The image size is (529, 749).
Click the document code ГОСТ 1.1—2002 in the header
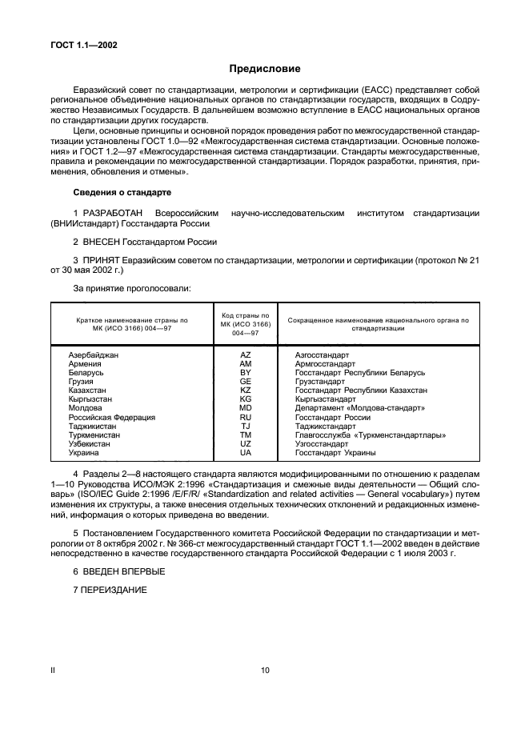click(x=84, y=45)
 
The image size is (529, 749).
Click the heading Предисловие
click(x=264, y=70)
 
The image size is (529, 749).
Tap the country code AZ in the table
click(x=246, y=354)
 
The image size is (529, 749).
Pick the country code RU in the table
click(x=246, y=417)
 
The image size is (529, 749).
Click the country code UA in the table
click(x=246, y=453)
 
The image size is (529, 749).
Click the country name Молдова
click(x=86, y=408)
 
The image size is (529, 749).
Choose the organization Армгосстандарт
click(x=325, y=363)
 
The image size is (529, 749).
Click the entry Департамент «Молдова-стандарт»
click(x=359, y=408)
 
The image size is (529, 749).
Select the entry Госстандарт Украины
click(x=335, y=453)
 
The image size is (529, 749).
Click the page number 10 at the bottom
click(x=265, y=671)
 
